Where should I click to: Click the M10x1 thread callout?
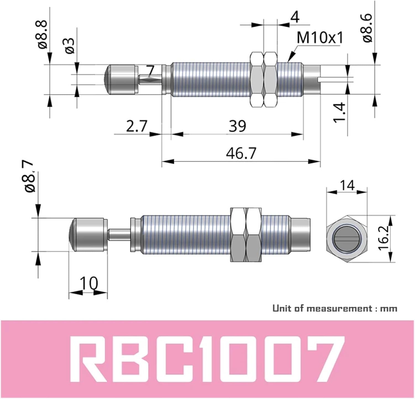click(320, 38)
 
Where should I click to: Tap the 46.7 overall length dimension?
click(241, 153)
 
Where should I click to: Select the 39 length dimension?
click(237, 126)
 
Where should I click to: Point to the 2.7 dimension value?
click(137, 126)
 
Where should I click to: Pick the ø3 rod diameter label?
click(70, 46)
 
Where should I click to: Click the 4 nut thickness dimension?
click(295, 17)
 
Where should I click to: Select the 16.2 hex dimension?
click(384, 238)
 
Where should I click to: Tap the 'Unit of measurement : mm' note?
click(334, 308)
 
